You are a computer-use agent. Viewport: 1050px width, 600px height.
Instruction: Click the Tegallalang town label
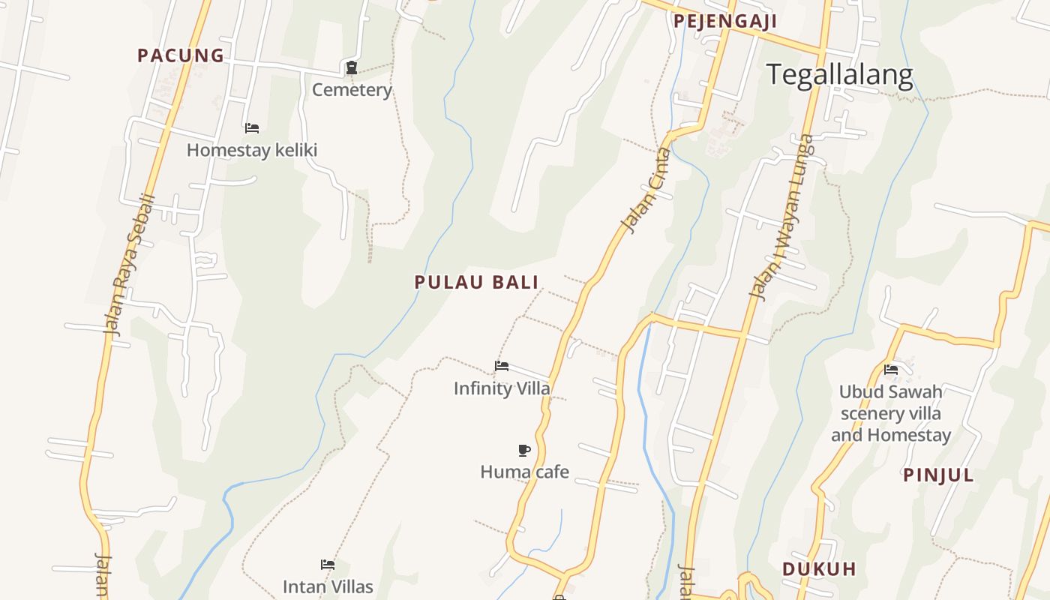pos(839,75)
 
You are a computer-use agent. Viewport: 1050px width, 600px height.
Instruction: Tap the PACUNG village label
pos(181,55)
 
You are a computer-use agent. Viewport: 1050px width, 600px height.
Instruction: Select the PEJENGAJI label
pos(724,21)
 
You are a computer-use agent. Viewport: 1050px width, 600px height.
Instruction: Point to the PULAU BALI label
pos(477,283)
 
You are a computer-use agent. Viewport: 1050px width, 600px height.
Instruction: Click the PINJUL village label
pos(938,475)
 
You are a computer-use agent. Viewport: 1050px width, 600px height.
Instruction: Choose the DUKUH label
pos(819,569)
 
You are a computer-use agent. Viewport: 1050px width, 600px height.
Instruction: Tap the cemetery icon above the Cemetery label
pos(351,68)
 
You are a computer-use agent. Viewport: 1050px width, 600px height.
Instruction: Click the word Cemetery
pos(352,90)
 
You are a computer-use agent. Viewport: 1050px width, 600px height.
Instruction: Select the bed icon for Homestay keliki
pos(252,128)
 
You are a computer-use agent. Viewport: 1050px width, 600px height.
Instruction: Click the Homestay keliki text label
pos(252,150)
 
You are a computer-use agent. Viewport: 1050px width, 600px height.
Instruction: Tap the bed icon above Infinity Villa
pos(502,366)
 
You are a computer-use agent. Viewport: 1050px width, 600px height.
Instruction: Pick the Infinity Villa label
pos(502,388)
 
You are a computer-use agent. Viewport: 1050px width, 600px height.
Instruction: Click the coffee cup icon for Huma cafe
pos(524,450)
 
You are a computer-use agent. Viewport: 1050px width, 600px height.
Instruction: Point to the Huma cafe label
pos(524,472)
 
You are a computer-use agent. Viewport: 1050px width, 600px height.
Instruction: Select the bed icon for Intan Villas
pos(328,565)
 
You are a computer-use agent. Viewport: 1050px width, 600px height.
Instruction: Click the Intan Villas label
pos(328,586)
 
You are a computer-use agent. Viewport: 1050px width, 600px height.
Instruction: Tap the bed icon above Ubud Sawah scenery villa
pos(891,369)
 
